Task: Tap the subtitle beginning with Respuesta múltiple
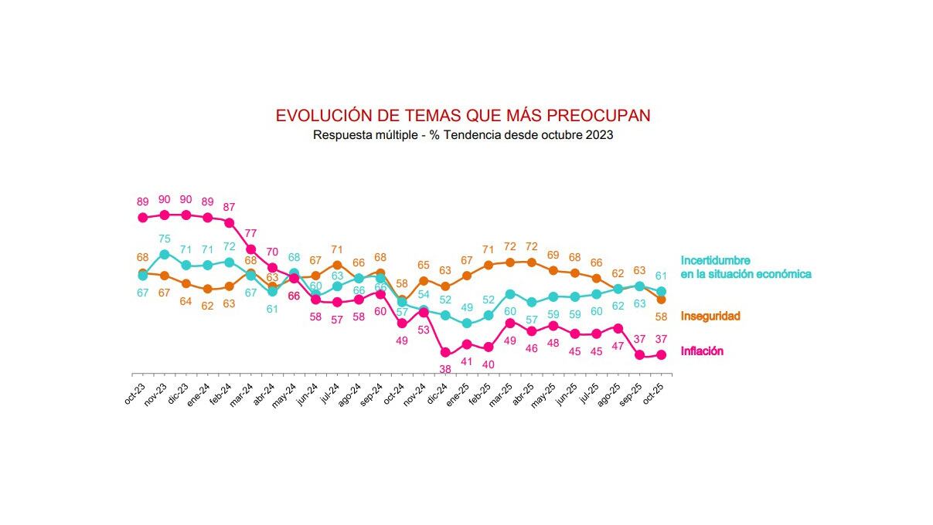(462, 135)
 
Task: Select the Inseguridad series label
(710, 316)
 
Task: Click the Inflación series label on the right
(702, 351)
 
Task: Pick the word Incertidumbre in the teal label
(715, 261)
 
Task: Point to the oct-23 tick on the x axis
(135, 392)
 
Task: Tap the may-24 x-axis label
(286, 392)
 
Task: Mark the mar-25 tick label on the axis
(502, 392)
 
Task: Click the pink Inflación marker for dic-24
(445, 353)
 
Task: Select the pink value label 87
(229, 207)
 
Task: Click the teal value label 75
(164, 239)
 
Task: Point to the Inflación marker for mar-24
(250, 249)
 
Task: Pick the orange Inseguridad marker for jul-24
(337, 265)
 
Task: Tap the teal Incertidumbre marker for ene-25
(467, 323)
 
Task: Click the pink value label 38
(445, 369)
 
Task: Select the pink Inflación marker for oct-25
(662, 355)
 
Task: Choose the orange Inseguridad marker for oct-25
(662, 300)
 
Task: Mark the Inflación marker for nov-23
(164, 215)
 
